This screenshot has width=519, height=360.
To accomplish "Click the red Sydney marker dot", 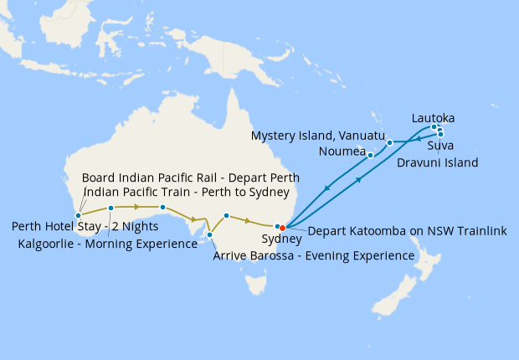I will [x=283, y=227].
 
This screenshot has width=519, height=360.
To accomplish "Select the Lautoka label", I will [x=433, y=119].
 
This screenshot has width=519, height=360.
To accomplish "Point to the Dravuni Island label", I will [x=437, y=162].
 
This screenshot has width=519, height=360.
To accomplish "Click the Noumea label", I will [x=342, y=152].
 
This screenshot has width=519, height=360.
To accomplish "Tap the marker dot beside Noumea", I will [x=370, y=155].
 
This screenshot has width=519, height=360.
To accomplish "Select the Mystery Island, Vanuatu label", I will [x=317, y=136].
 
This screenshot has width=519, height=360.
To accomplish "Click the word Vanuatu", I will [x=358, y=136].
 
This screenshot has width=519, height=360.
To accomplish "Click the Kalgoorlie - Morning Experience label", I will [x=107, y=244].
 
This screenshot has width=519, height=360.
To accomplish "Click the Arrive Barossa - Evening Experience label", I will [x=314, y=255].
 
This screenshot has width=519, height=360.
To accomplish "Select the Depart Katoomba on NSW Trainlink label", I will [x=407, y=231].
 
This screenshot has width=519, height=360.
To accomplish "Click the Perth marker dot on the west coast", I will [x=78, y=215].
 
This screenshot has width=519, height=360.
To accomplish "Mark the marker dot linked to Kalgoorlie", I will [x=110, y=208].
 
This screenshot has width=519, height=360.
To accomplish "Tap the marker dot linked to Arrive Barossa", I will [x=209, y=235].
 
